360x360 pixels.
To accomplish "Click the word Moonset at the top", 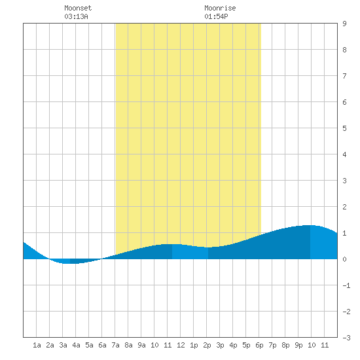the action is coord(78,8).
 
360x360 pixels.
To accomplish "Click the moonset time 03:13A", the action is coord(76,16).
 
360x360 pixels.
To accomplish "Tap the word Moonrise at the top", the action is coord(220,8).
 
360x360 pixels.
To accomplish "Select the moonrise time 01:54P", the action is coord(216,16).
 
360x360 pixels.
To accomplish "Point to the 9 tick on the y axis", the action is coord(344,24).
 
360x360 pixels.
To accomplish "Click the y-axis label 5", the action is coord(344,128).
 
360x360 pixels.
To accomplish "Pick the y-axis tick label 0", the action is coord(344,259).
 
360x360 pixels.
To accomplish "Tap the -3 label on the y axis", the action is coord(346,338).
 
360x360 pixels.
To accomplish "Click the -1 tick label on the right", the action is coord(346,285).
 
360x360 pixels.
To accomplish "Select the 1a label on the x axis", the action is coord(37,345).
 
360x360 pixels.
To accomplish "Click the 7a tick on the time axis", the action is coord(115,345).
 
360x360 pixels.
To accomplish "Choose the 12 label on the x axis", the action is coord(181,345).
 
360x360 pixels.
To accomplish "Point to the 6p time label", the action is coord(259,345).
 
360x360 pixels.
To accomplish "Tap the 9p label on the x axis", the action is coord(298,345).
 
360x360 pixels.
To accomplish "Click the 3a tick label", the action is coord(63,345).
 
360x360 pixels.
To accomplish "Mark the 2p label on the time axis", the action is coord(207,345).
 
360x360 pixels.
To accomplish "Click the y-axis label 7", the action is coord(344,76).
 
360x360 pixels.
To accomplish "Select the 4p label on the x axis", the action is coord(233,345).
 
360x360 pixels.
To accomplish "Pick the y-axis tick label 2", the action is coord(344,207).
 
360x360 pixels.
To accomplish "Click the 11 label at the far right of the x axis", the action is coord(325,345).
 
